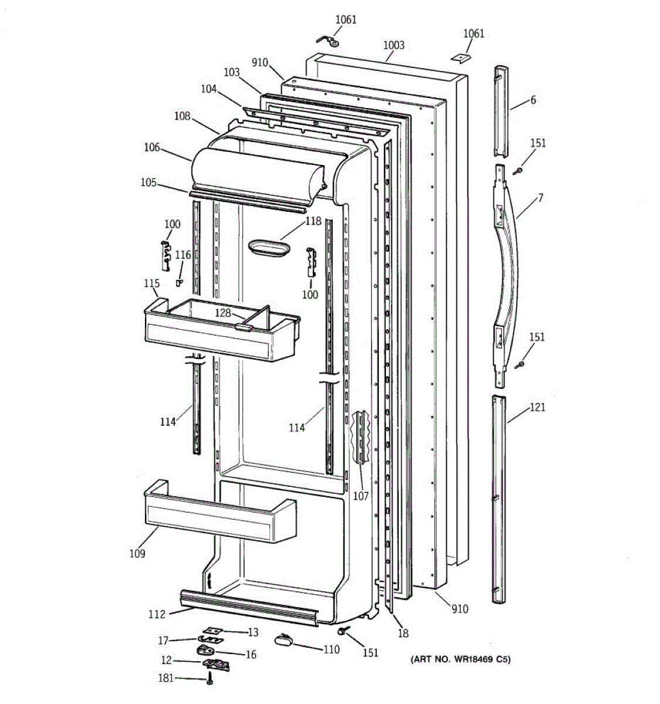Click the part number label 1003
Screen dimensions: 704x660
[394, 45]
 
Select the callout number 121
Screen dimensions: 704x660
[537, 407]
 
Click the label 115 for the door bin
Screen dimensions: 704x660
[151, 284]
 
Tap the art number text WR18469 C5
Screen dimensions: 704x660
[460, 659]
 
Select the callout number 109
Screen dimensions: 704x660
[137, 553]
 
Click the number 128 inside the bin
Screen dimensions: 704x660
[222, 313]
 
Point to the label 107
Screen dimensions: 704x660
[361, 496]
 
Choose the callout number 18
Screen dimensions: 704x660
[403, 633]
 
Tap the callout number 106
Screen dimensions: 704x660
[152, 147]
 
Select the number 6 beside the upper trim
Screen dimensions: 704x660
[533, 100]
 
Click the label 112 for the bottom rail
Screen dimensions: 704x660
[157, 614]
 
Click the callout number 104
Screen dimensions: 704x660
[208, 89]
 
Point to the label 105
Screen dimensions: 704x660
[148, 182]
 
